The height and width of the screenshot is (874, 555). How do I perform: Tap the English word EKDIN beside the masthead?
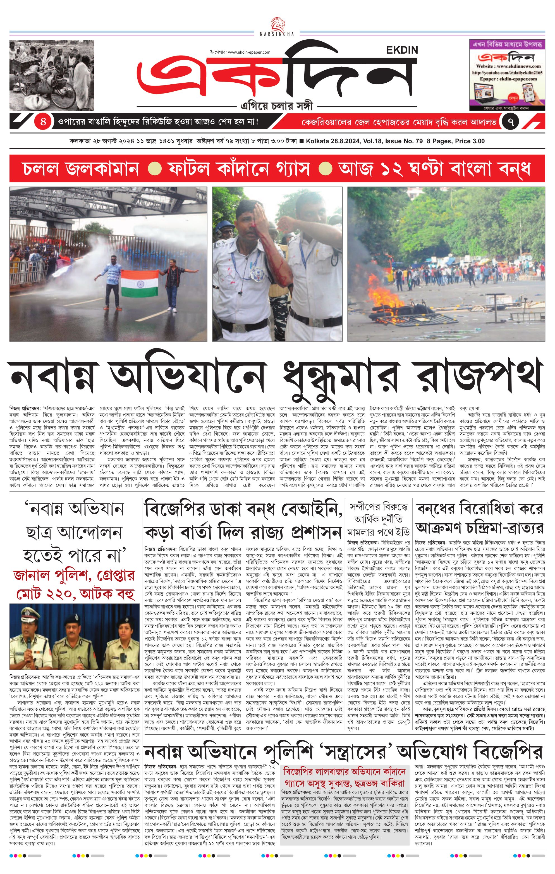pyautogui.click(x=402, y=50)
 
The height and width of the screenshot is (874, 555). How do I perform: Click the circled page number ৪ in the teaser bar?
pyautogui.click(x=43, y=121)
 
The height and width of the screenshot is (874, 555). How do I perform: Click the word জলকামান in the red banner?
pyautogui.click(x=81, y=169)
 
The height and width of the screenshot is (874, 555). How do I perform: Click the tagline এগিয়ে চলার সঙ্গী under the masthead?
pyautogui.click(x=277, y=106)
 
